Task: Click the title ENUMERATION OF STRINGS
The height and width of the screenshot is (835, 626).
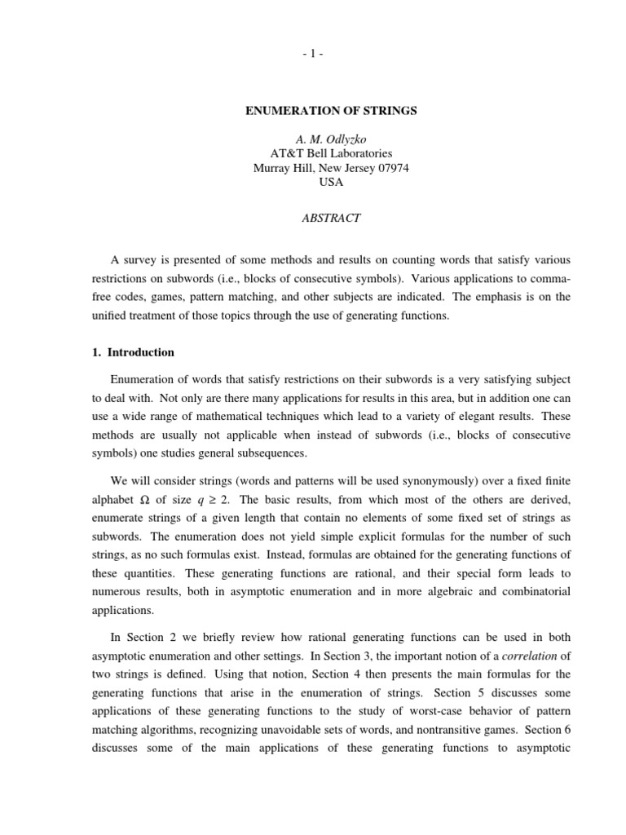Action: tap(331, 110)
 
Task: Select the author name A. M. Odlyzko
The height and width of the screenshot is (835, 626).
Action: tap(331, 138)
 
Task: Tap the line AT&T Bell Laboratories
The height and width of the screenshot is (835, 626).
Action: tap(331, 152)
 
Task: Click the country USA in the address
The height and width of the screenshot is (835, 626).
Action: tap(331, 183)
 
